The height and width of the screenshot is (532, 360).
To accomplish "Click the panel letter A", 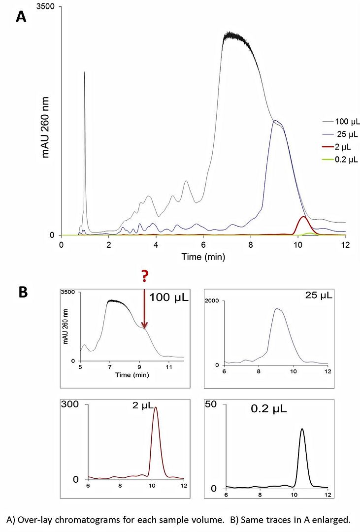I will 21,16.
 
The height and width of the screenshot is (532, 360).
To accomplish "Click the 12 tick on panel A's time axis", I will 345,244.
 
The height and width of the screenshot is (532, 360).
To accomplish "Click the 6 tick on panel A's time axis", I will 203,244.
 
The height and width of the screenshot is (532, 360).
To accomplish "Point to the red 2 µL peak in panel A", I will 303,217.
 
